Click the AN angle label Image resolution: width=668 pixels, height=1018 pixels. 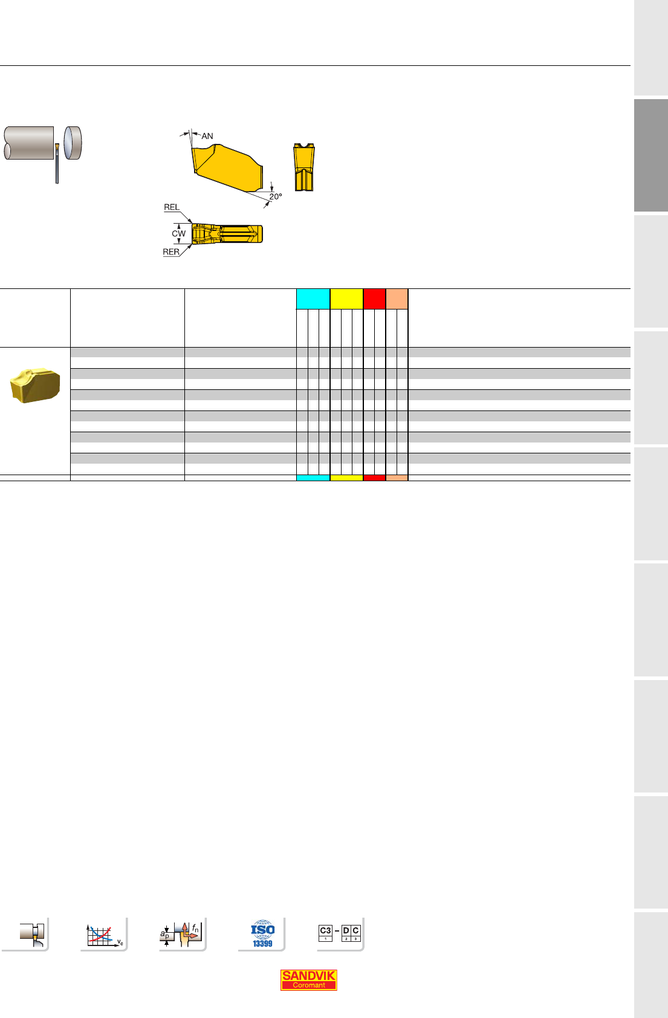click(x=207, y=136)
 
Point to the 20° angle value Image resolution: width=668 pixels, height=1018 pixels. click(x=276, y=196)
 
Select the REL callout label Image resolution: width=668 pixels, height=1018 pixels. click(x=171, y=207)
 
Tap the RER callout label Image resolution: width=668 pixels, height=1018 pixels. click(x=171, y=251)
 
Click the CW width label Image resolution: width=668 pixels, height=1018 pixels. click(x=178, y=233)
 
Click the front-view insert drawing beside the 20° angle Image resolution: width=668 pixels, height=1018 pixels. click(x=304, y=167)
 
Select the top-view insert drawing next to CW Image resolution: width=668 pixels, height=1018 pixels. click(x=227, y=233)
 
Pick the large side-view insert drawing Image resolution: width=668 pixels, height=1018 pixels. click(x=227, y=167)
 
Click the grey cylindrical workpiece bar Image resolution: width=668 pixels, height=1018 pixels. click(x=28, y=143)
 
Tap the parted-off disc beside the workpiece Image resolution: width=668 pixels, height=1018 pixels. click(x=73, y=143)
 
